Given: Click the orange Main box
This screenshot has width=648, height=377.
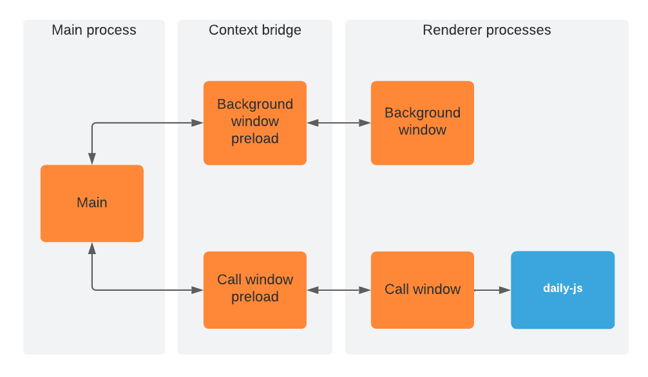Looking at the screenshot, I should click(x=91, y=203).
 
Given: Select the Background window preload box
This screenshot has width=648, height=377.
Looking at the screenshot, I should click(x=254, y=122).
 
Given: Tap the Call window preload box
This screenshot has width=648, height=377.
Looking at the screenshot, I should click(x=254, y=290).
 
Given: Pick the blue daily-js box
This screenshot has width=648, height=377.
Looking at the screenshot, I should click(x=562, y=290).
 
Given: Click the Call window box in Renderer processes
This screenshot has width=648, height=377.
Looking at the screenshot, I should click(x=422, y=290).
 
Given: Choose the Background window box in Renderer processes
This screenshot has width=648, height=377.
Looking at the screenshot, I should click(x=422, y=122).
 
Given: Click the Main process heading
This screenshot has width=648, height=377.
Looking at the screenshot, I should click(x=94, y=30).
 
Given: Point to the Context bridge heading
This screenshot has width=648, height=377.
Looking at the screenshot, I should click(x=254, y=30).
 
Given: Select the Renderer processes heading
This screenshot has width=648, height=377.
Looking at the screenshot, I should click(x=486, y=30).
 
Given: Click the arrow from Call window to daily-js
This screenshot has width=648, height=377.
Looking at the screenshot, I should click(x=491, y=290).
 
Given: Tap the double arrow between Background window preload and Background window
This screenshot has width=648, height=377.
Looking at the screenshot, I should click(x=339, y=122).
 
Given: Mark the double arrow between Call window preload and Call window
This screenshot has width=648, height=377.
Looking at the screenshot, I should click(x=339, y=290).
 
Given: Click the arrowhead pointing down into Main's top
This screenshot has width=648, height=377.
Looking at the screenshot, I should click(x=92, y=159).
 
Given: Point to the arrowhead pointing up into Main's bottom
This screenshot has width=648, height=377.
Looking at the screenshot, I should click(x=92, y=248).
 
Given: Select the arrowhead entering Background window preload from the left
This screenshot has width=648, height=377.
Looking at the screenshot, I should click(x=198, y=122).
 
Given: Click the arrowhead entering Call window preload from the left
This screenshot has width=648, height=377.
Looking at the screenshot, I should click(x=198, y=290).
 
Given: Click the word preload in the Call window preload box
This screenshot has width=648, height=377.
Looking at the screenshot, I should click(x=255, y=297).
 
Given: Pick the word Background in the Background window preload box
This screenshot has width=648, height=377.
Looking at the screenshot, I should click(x=255, y=104).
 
